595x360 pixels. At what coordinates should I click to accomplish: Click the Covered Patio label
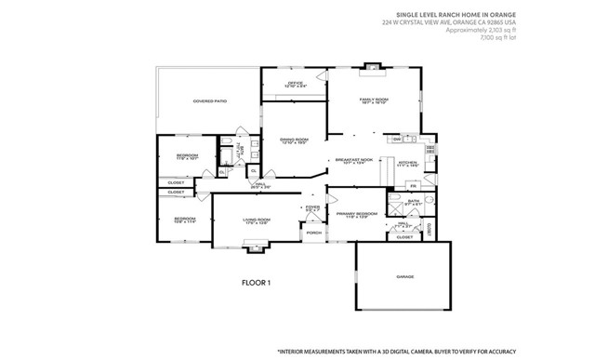tap(209, 100)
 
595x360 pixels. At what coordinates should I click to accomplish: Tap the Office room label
tap(296, 85)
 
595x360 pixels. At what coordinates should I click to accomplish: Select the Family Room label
tap(374, 100)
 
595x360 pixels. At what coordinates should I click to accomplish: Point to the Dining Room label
tap(294, 140)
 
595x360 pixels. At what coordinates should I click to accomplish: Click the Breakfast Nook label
tap(353, 160)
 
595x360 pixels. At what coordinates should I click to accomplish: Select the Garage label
tap(404, 276)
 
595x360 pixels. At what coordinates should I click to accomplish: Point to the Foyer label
tap(311, 208)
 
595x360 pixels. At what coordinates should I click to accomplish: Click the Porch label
tap(313, 233)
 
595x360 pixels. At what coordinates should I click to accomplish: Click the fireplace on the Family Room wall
tap(373, 66)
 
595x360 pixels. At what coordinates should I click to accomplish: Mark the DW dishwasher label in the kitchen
tap(396, 140)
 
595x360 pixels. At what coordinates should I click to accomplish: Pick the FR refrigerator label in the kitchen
tap(387, 187)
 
